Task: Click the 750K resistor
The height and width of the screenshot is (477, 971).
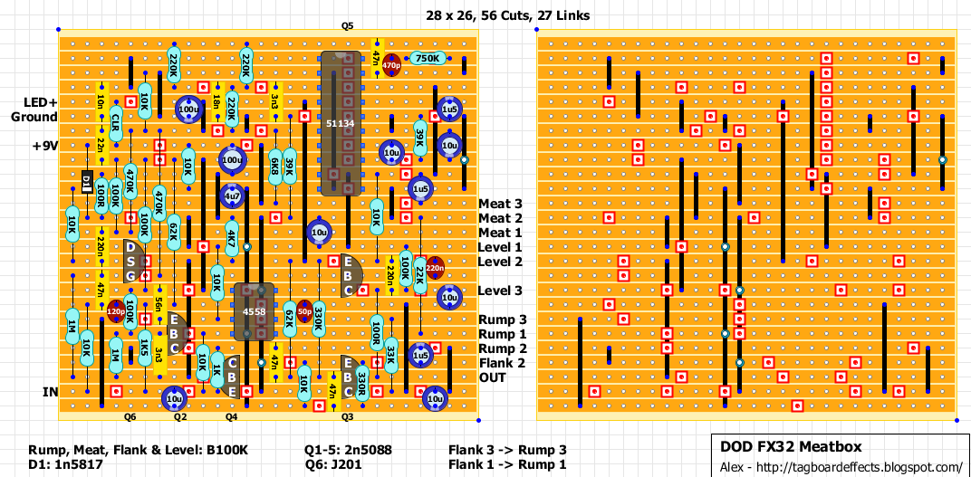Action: [428, 59]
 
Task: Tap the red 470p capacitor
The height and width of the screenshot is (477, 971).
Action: [391, 65]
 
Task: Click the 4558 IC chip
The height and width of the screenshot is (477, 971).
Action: [254, 313]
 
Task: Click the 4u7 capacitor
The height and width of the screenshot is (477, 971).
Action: [231, 196]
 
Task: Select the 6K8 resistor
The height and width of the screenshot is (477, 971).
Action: [274, 167]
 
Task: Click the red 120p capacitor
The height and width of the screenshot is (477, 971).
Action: [115, 312]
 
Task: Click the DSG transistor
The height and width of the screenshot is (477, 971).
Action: [131, 262]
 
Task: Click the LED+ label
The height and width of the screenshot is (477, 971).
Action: [34, 102]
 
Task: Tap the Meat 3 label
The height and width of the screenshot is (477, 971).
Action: [500, 204]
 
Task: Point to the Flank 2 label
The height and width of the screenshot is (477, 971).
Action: [503, 363]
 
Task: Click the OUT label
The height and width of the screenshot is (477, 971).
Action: [493, 377]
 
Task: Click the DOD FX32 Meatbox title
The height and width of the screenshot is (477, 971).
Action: [790, 446]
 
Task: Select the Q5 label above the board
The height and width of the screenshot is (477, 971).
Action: [348, 27]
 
